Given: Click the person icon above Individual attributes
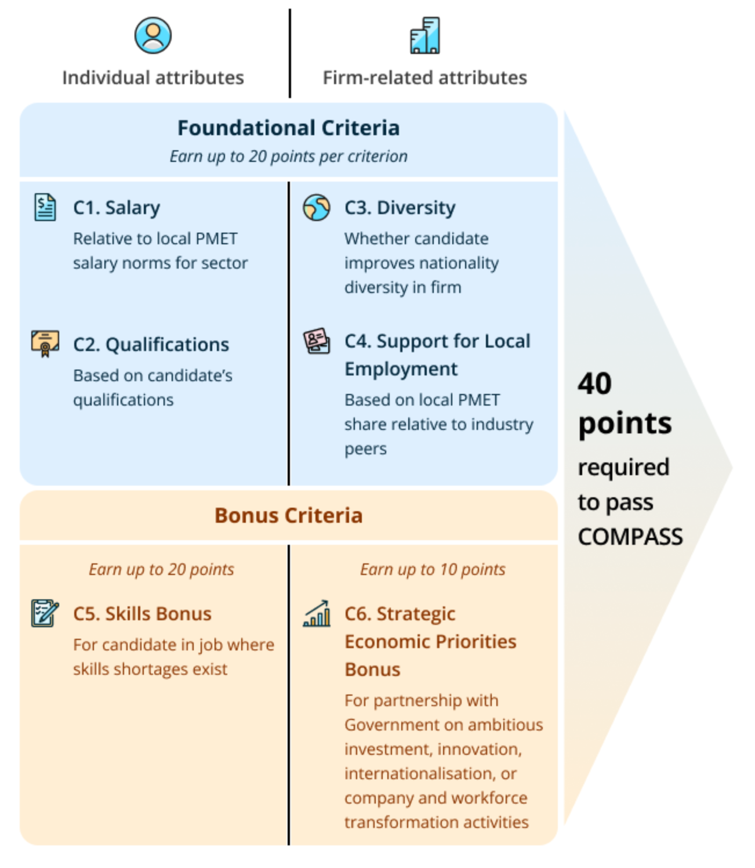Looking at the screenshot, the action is click(x=153, y=35).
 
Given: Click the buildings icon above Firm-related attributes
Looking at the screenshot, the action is click(x=424, y=35).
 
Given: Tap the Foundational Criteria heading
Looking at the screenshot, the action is click(x=288, y=128).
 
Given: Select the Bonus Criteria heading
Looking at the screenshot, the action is click(x=288, y=515).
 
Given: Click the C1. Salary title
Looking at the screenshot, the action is click(x=117, y=208).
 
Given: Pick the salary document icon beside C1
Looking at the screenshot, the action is click(x=45, y=207).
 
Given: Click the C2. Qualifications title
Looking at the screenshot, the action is click(x=151, y=345).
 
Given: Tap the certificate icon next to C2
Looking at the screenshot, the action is click(x=45, y=343).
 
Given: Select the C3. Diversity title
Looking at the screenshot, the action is click(x=400, y=208).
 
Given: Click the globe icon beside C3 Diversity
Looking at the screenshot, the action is click(x=316, y=208).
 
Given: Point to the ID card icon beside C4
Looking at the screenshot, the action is click(x=316, y=341).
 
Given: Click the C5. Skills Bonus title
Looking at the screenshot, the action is click(x=142, y=613).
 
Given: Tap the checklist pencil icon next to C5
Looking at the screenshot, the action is click(x=45, y=613).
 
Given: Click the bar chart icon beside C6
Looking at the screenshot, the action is click(x=316, y=613).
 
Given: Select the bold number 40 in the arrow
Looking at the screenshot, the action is click(x=594, y=384).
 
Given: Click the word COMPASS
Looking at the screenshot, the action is click(x=630, y=537).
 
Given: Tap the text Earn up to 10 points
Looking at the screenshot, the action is click(x=433, y=569).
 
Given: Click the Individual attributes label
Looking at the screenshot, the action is click(x=153, y=78).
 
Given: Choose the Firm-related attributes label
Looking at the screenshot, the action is click(x=425, y=78).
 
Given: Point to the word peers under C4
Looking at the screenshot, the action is click(x=365, y=449).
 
